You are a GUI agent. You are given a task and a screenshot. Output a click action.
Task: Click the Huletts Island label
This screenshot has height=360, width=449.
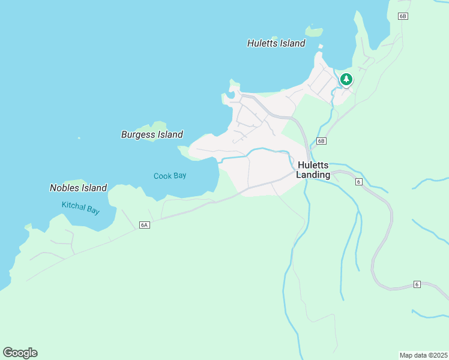(x=276, y=43)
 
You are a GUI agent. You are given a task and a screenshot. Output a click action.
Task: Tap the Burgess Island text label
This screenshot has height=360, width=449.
(x=152, y=134)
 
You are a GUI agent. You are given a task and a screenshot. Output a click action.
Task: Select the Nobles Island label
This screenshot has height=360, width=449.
(x=78, y=188)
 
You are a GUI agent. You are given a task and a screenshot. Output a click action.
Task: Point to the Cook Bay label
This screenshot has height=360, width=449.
(x=170, y=176)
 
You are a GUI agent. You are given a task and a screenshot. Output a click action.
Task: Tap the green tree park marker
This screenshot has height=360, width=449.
(x=346, y=79)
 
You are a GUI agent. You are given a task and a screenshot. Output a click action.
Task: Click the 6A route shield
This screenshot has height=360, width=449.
(x=143, y=225)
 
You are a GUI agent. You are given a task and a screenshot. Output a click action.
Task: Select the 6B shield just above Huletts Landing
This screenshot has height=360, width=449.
(x=321, y=141)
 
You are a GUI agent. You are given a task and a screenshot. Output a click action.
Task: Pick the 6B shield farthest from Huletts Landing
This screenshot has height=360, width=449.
(x=403, y=16)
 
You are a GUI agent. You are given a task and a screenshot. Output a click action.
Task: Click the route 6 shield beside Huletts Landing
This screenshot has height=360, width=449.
(x=358, y=182)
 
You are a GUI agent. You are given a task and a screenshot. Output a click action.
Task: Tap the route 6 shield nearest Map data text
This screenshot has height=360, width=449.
(x=416, y=284)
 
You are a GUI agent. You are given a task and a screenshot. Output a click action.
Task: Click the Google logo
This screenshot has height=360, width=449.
(x=20, y=353)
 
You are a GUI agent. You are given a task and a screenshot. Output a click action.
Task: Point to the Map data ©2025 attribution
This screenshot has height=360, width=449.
(x=423, y=355)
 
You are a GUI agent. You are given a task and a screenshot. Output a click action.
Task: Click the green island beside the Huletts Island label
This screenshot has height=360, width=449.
(x=313, y=30)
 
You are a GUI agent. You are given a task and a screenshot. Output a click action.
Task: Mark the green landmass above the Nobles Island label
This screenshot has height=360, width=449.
(x=75, y=181)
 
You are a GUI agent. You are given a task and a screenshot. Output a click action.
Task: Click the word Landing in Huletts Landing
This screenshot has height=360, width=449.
(x=313, y=175)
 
